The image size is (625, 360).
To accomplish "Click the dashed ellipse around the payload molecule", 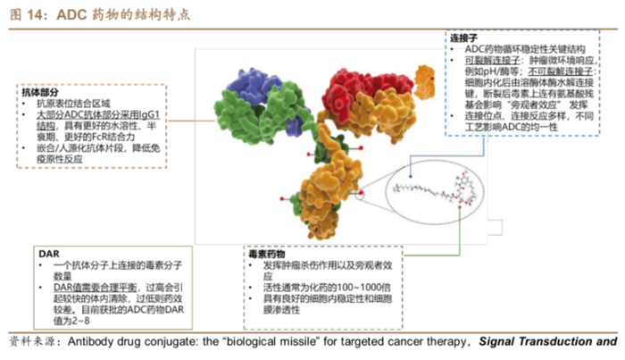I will click(x=429, y=189).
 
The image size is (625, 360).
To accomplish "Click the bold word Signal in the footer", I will click(x=503, y=342).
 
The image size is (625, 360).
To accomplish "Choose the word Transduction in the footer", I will click(x=557, y=342).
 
